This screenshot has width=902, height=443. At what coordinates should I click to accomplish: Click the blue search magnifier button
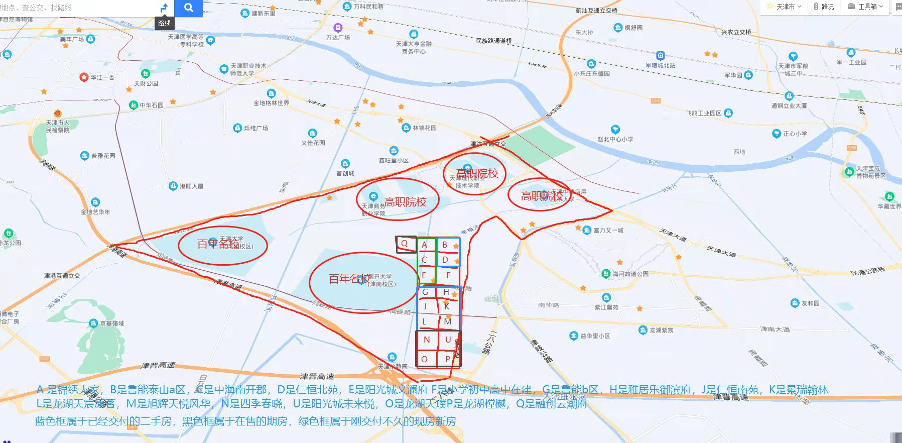point(188,8)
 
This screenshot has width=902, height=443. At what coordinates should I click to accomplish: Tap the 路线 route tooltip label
point(164,23)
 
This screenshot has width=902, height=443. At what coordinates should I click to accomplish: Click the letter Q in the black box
point(405,244)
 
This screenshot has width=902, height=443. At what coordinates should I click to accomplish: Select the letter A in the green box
point(424,245)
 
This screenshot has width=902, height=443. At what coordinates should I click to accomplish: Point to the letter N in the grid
point(427,340)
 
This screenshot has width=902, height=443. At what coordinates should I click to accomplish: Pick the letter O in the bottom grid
point(424,359)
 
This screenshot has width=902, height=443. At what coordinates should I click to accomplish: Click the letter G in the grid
point(425,292)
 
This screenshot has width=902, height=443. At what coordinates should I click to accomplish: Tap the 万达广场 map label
point(338,37)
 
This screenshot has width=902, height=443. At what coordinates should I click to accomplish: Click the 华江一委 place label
point(102,77)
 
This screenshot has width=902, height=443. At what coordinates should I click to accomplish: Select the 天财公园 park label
point(146,83)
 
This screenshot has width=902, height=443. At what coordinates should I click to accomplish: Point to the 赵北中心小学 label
point(615,139)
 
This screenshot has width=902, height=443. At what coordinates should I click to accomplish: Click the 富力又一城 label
point(608,231)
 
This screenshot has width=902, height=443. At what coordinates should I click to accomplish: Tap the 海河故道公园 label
point(630,274)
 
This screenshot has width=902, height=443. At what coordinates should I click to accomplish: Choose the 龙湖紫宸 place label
point(661,330)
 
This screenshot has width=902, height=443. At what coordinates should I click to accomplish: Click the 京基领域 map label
point(111,323)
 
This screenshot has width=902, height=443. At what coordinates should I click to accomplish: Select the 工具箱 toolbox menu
point(866,7)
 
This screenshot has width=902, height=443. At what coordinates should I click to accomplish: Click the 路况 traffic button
point(824,7)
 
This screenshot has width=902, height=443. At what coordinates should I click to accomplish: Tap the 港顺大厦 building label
point(191,186)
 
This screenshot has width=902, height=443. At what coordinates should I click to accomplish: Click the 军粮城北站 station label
point(661,65)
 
